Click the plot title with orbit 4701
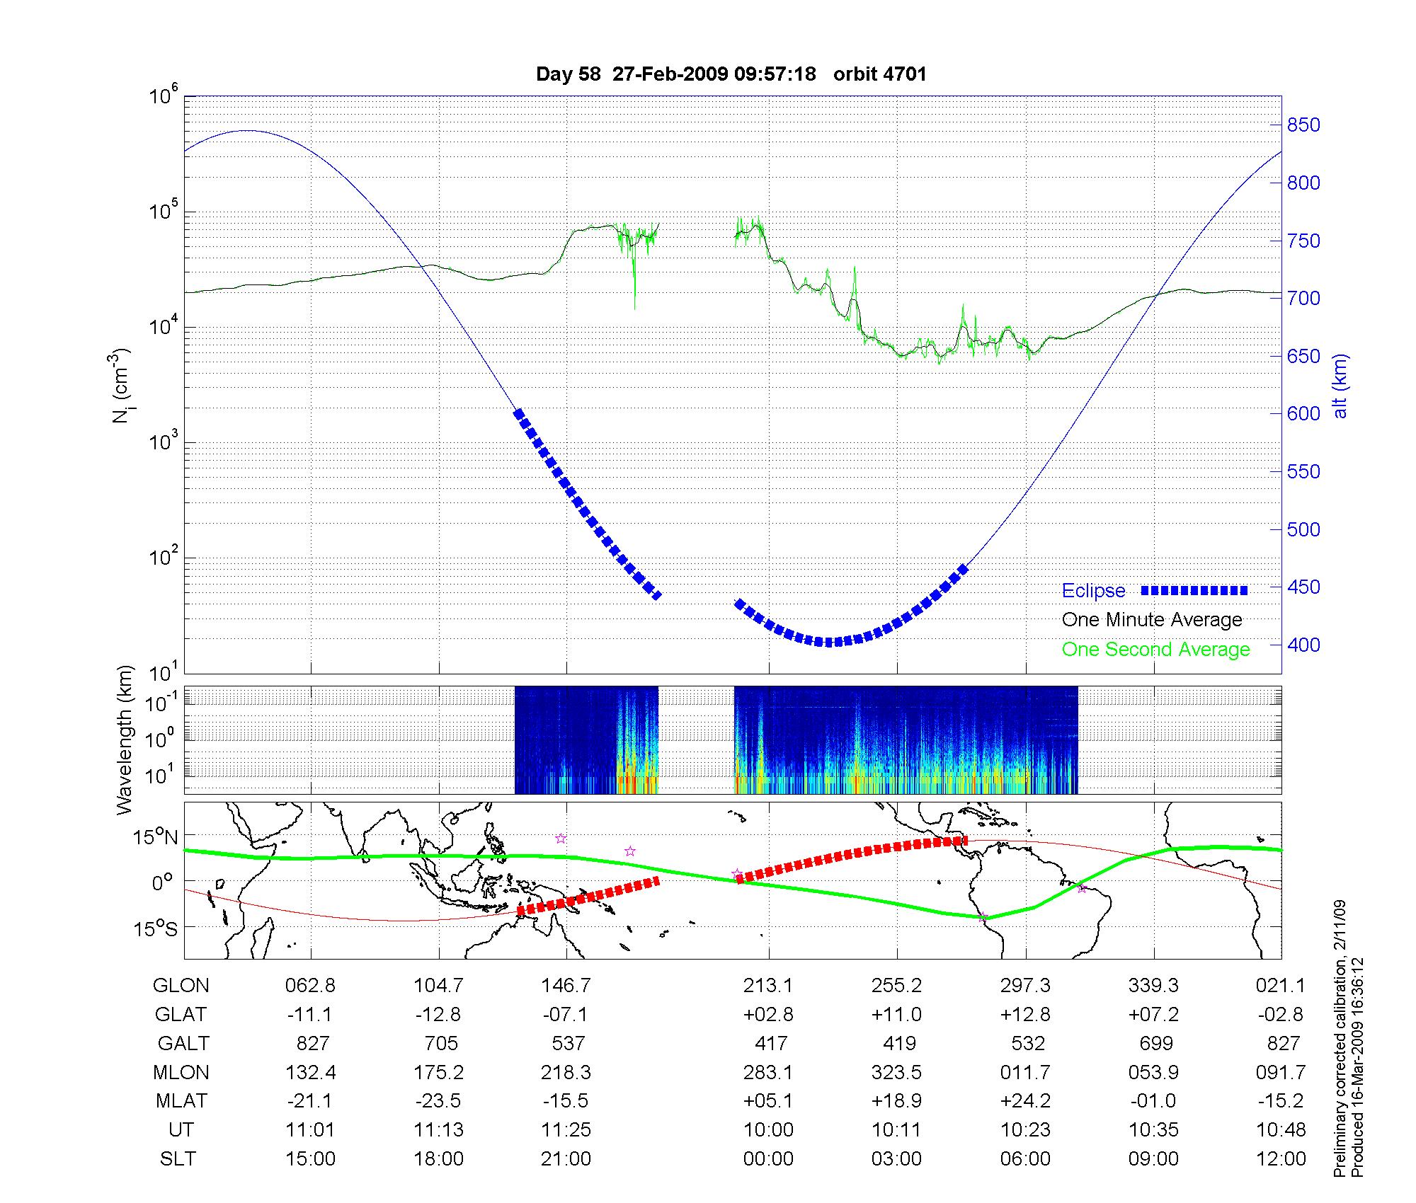[731, 74]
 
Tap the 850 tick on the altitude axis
[1303, 125]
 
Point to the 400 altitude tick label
[1303, 645]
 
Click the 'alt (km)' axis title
[1340, 386]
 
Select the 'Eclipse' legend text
[1093, 591]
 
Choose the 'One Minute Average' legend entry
[1152, 620]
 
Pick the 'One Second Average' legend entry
[1155, 650]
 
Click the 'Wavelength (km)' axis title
[125, 739]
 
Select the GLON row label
[181, 986]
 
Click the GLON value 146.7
[566, 986]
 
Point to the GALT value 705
[439, 1044]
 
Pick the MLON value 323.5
[896, 1073]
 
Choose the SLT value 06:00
[1025, 1159]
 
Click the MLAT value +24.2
[1025, 1102]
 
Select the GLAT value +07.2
[1153, 1015]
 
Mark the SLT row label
[178, 1159]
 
